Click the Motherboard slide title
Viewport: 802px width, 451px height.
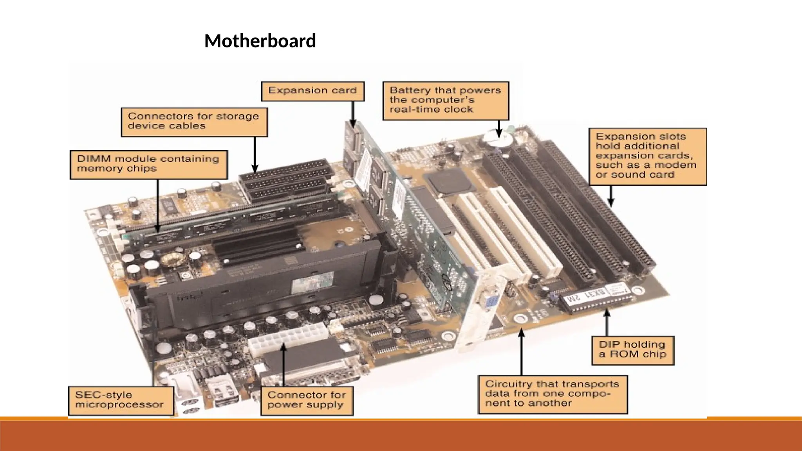pos(260,41)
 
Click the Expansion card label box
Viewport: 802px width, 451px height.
pos(312,91)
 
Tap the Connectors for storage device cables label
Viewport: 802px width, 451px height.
pos(194,121)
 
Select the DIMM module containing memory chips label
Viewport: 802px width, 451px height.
pos(148,164)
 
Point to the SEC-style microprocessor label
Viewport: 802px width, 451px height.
pos(121,400)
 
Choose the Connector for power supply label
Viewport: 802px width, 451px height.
pos(307,400)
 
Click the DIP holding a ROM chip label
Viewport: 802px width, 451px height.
pos(632,350)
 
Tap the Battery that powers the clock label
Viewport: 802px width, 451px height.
pos(446,100)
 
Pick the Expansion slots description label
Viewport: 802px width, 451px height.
pos(647,156)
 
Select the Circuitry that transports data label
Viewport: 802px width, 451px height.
pos(552,394)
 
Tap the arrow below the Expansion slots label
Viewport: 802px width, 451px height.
pos(611,196)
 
